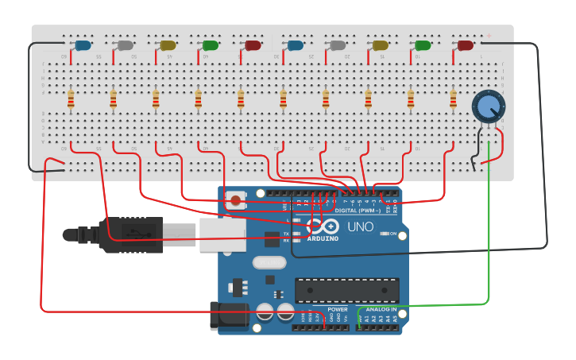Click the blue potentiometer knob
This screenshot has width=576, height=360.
(487, 106)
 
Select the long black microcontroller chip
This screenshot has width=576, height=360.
(346, 290)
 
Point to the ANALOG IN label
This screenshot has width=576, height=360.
(381, 309)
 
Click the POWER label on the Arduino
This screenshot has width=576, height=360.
(338, 309)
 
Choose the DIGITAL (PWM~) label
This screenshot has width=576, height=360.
(357, 210)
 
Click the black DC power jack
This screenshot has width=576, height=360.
(228, 315)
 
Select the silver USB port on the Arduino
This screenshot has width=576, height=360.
(222, 234)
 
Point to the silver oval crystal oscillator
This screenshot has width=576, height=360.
(269, 263)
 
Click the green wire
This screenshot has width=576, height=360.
(489, 238)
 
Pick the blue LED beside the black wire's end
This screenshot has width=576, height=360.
(82, 46)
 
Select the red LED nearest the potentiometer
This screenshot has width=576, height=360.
(466, 45)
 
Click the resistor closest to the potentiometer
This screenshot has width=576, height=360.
(453, 99)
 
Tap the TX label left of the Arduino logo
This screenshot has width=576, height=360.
(286, 233)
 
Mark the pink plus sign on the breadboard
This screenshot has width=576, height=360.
(489, 36)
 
